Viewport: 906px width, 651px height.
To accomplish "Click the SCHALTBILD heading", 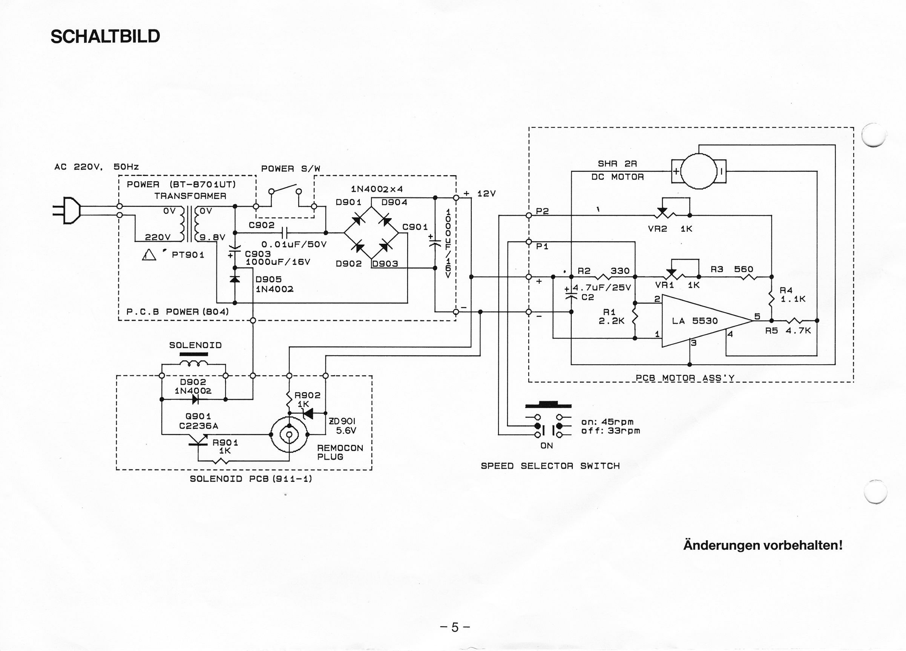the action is (x=105, y=36).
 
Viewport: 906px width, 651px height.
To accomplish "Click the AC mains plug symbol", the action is (x=66, y=210).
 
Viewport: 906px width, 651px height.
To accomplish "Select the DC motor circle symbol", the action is (x=699, y=171).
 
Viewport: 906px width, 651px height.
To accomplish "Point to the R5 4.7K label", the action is (x=788, y=330).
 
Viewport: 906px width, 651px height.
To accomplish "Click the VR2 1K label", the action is (x=670, y=229).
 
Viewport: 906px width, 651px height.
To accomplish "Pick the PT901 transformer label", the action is (x=188, y=255).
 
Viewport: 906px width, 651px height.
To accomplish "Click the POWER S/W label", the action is (x=290, y=168).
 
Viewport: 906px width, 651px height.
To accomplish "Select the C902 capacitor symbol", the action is (x=284, y=232).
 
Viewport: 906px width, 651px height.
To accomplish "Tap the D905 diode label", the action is (x=268, y=279).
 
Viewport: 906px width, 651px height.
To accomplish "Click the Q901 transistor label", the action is (x=198, y=416).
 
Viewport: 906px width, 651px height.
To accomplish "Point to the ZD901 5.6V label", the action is (x=342, y=425).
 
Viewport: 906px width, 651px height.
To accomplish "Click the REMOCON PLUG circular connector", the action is (x=289, y=434).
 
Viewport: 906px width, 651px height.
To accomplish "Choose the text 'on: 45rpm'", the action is (x=607, y=422).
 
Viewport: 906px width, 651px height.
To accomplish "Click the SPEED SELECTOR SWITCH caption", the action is (x=550, y=466).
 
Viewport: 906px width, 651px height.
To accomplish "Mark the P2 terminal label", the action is (x=542, y=211).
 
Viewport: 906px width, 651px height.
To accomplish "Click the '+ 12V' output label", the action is (x=479, y=194).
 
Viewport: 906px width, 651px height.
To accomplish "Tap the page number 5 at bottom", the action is (x=455, y=627).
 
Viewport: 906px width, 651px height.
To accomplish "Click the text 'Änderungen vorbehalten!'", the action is (x=763, y=545).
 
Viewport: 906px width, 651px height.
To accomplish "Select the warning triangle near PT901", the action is (x=149, y=255).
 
